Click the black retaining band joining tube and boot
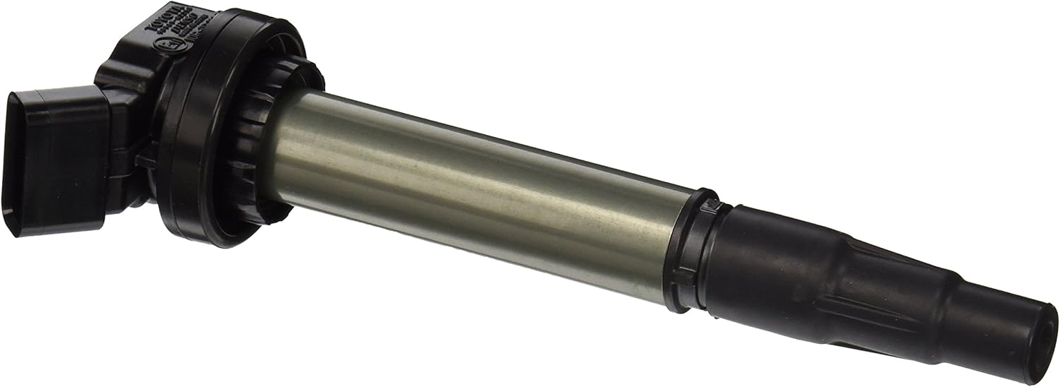tap(689, 251)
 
